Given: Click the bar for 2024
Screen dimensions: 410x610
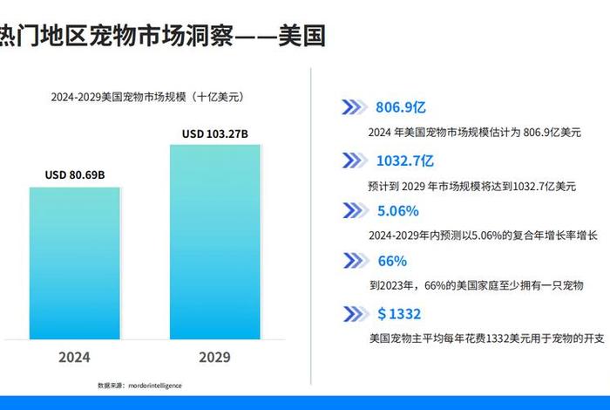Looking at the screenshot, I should [x=74, y=262].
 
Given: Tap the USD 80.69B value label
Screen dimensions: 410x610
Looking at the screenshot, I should [x=75, y=175].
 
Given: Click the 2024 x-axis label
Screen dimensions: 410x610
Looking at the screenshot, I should [x=74, y=357].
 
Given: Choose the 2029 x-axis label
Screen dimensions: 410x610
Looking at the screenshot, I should [x=214, y=357].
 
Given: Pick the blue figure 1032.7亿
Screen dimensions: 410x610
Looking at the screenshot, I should [x=404, y=161].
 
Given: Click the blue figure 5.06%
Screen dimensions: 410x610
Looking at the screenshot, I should [x=398, y=210].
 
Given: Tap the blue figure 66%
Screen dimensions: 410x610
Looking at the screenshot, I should [x=393, y=261].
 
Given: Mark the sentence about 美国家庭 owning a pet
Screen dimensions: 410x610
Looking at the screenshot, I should [x=475, y=285].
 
